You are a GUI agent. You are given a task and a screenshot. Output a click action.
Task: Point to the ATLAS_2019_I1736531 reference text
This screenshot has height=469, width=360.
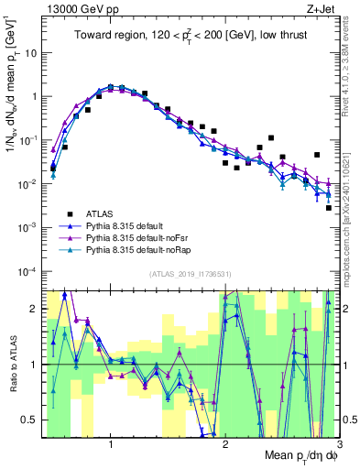[191, 273]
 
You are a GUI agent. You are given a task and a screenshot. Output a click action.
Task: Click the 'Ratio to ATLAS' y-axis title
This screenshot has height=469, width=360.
[11, 364]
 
